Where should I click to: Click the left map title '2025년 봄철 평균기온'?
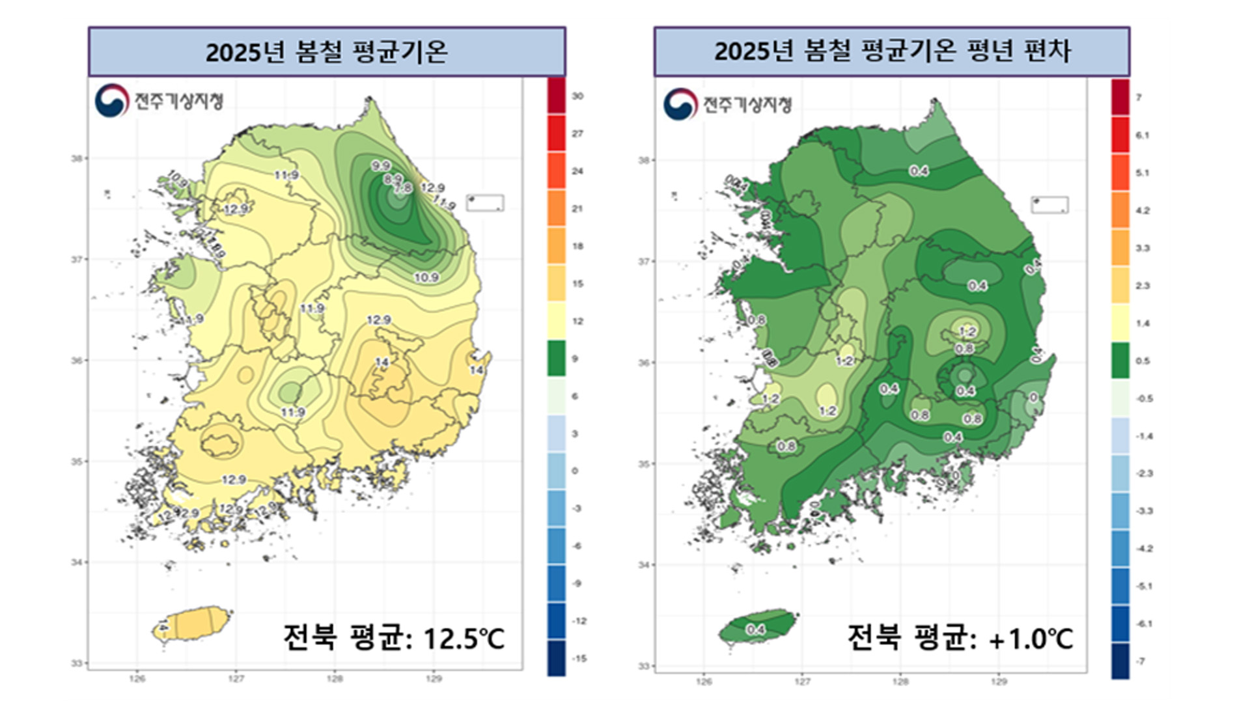click(326, 51)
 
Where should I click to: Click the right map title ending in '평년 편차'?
click(892, 51)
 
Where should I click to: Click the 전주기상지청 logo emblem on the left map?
click(111, 101)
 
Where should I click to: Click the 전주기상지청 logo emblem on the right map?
click(680, 104)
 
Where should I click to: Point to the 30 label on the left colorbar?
click(577, 96)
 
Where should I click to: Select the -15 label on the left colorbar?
click(579, 659)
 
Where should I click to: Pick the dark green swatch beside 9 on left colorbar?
click(556, 358)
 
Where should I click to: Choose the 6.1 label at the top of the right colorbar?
click(1143, 135)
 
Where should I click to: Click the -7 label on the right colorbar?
click(1141, 661)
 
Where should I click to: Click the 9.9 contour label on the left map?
click(381, 166)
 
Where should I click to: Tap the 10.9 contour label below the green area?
click(426, 277)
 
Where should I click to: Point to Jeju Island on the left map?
click(193, 624)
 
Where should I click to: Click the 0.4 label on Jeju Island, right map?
click(755, 629)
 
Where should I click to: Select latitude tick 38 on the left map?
click(77, 158)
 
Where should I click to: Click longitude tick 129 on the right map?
click(999, 682)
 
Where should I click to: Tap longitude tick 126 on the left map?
click(137, 679)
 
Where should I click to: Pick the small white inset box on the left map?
click(485, 202)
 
